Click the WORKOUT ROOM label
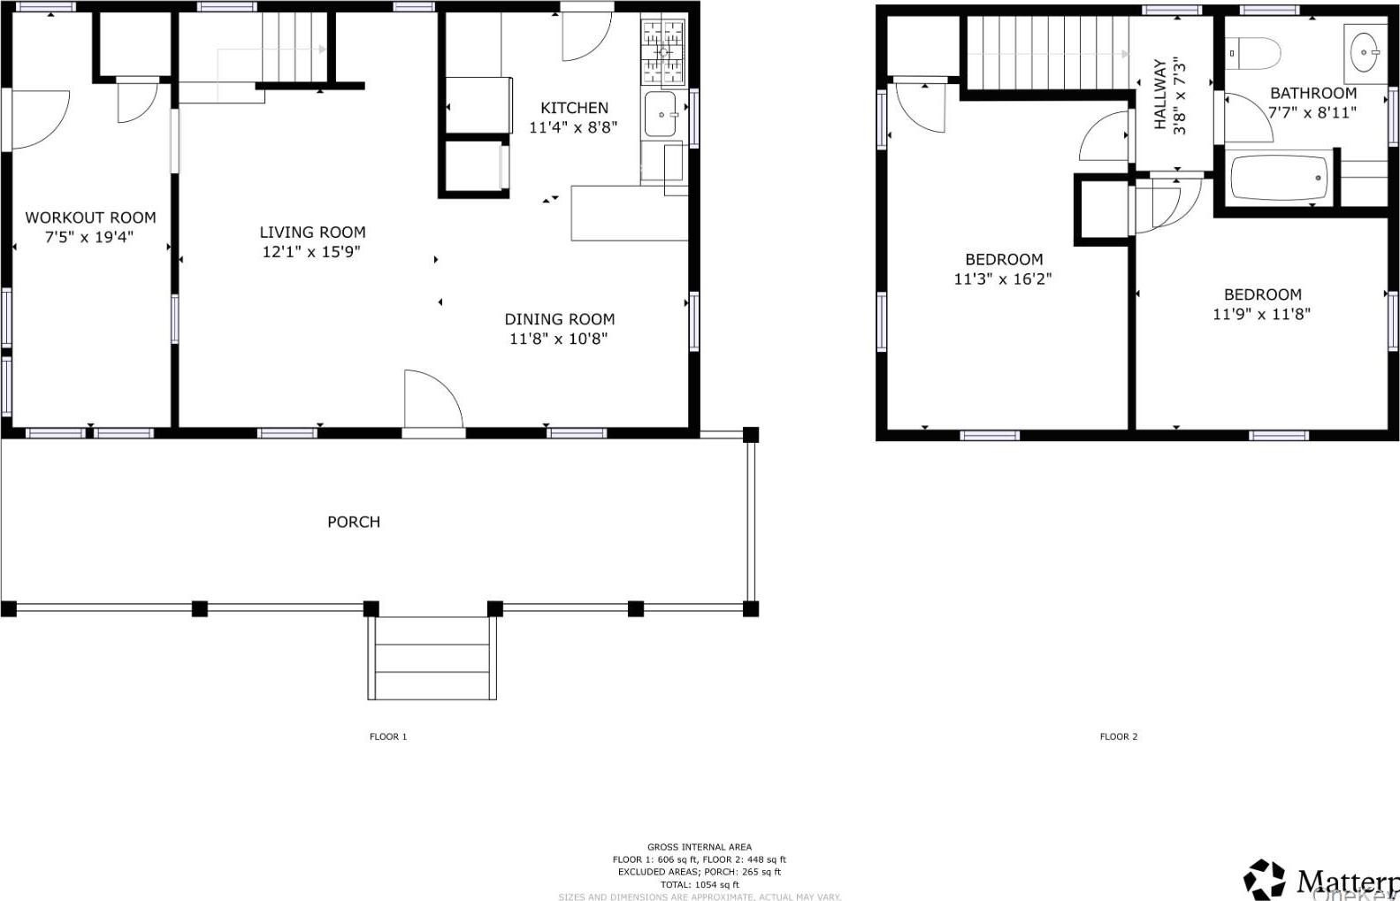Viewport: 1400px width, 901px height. pyautogui.click(x=90, y=218)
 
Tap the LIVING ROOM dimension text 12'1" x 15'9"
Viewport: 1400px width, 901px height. pyautogui.click(x=311, y=252)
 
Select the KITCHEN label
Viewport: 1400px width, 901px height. pyautogui.click(x=574, y=108)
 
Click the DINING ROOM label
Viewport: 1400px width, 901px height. pyautogui.click(x=559, y=319)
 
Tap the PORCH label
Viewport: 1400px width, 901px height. pyautogui.click(x=354, y=522)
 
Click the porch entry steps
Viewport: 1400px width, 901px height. pyautogui.click(x=432, y=659)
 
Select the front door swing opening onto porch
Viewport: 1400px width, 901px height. pyautogui.click(x=432, y=402)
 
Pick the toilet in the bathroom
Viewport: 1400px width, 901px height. pyautogui.click(x=1256, y=54)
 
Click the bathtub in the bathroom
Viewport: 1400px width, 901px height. pyautogui.click(x=1280, y=179)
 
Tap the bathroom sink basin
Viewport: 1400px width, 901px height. pyautogui.click(x=1366, y=45)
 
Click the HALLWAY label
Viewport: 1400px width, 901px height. pyautogui.click(x=1168, y=95)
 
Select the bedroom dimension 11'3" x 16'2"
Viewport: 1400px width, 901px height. pyautogui.click(x=1003, y=279)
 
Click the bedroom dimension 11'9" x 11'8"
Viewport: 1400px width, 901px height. pyautogui.click(x=1261, y=314)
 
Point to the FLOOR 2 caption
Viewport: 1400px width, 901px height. pyautogui.click(x=1118, y=737)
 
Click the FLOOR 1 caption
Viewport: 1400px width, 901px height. pyautogui.click(x=388, y=737)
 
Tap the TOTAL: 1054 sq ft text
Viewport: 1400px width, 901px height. pyautogui.click(x=699, y=884)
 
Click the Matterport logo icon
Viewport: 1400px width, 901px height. pyautogui.click(x=1265, y=879)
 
